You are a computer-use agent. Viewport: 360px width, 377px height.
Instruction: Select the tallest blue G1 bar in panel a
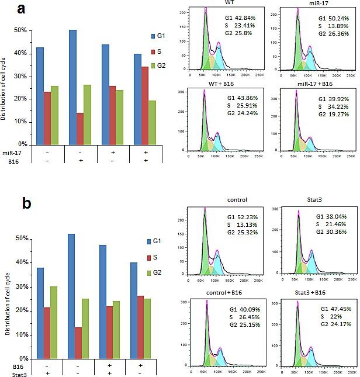coord(72,87)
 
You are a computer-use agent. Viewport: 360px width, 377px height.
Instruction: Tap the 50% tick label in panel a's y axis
coord(20,30)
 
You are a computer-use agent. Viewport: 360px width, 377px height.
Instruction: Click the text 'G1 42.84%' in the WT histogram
coord(234,18)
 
